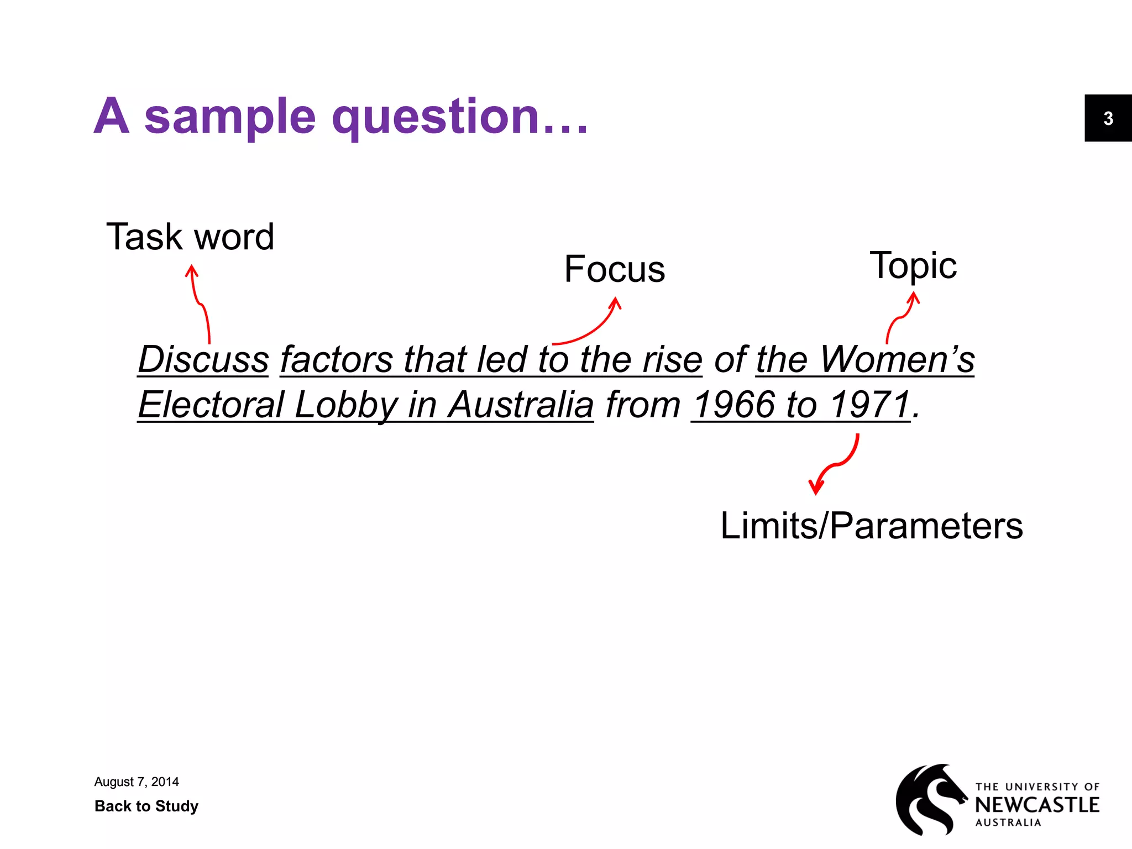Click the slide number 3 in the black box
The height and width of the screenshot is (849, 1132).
[1108, 118]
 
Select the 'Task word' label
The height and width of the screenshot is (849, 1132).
[190, 237]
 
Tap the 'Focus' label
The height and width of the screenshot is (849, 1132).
[614, 269]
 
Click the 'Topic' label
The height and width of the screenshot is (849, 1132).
[913, 266]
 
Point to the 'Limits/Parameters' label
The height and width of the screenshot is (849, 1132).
[872, 525]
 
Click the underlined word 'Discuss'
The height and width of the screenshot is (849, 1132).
[203, 359]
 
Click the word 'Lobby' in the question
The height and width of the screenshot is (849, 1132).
[346, 405]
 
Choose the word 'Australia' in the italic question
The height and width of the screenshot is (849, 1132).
[521, 405]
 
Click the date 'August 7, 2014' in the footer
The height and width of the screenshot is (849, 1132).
[137, 782]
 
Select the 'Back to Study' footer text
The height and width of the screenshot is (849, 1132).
[146, 806]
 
